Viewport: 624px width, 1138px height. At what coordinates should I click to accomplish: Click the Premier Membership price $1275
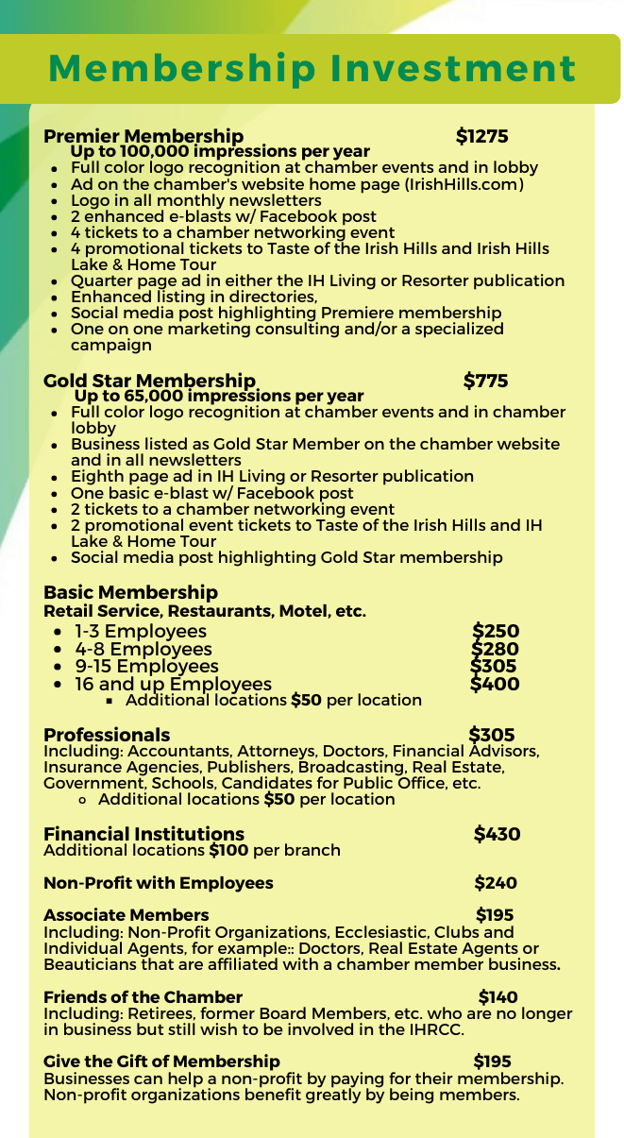(x=481, y=137)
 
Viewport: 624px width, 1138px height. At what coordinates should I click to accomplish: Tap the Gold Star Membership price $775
(x=485, y=381)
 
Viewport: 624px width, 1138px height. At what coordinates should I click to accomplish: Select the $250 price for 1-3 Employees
(x=496, y=632)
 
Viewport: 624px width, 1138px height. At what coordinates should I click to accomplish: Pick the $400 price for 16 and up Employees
(x=495, y=684)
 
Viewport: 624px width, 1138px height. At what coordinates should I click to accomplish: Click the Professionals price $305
(x=492, y=735)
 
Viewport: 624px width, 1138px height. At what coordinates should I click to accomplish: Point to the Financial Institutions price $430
(x=497, y=834)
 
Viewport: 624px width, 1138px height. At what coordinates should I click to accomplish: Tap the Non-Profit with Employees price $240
(x=496, y=883)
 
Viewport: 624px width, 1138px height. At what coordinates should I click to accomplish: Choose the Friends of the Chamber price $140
(x=498, y=996)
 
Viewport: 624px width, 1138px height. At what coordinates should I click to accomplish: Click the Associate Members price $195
(x=495, y=915)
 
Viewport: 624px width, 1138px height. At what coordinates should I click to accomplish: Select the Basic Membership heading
(x=130, y=592)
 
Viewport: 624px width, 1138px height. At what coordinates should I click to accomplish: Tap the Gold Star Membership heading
(x=149, y=381)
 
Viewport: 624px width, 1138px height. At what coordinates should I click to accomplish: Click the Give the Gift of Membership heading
(x=161, y=1062)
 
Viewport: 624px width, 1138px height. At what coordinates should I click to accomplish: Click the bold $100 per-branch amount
(x=228, y=850)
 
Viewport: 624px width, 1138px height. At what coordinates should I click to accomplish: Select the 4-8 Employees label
(x=143, y=649)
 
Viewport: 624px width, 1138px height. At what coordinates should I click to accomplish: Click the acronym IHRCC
(x=434, y=1029)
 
